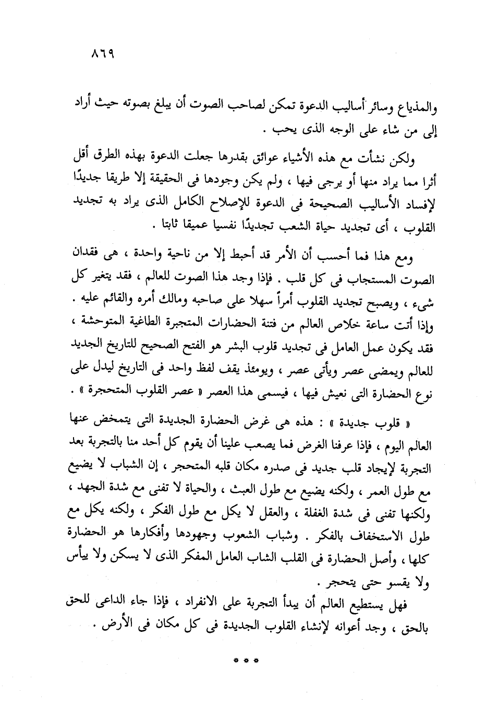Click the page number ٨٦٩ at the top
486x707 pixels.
click(102, 54)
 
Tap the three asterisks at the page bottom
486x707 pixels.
click(242, 661)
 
